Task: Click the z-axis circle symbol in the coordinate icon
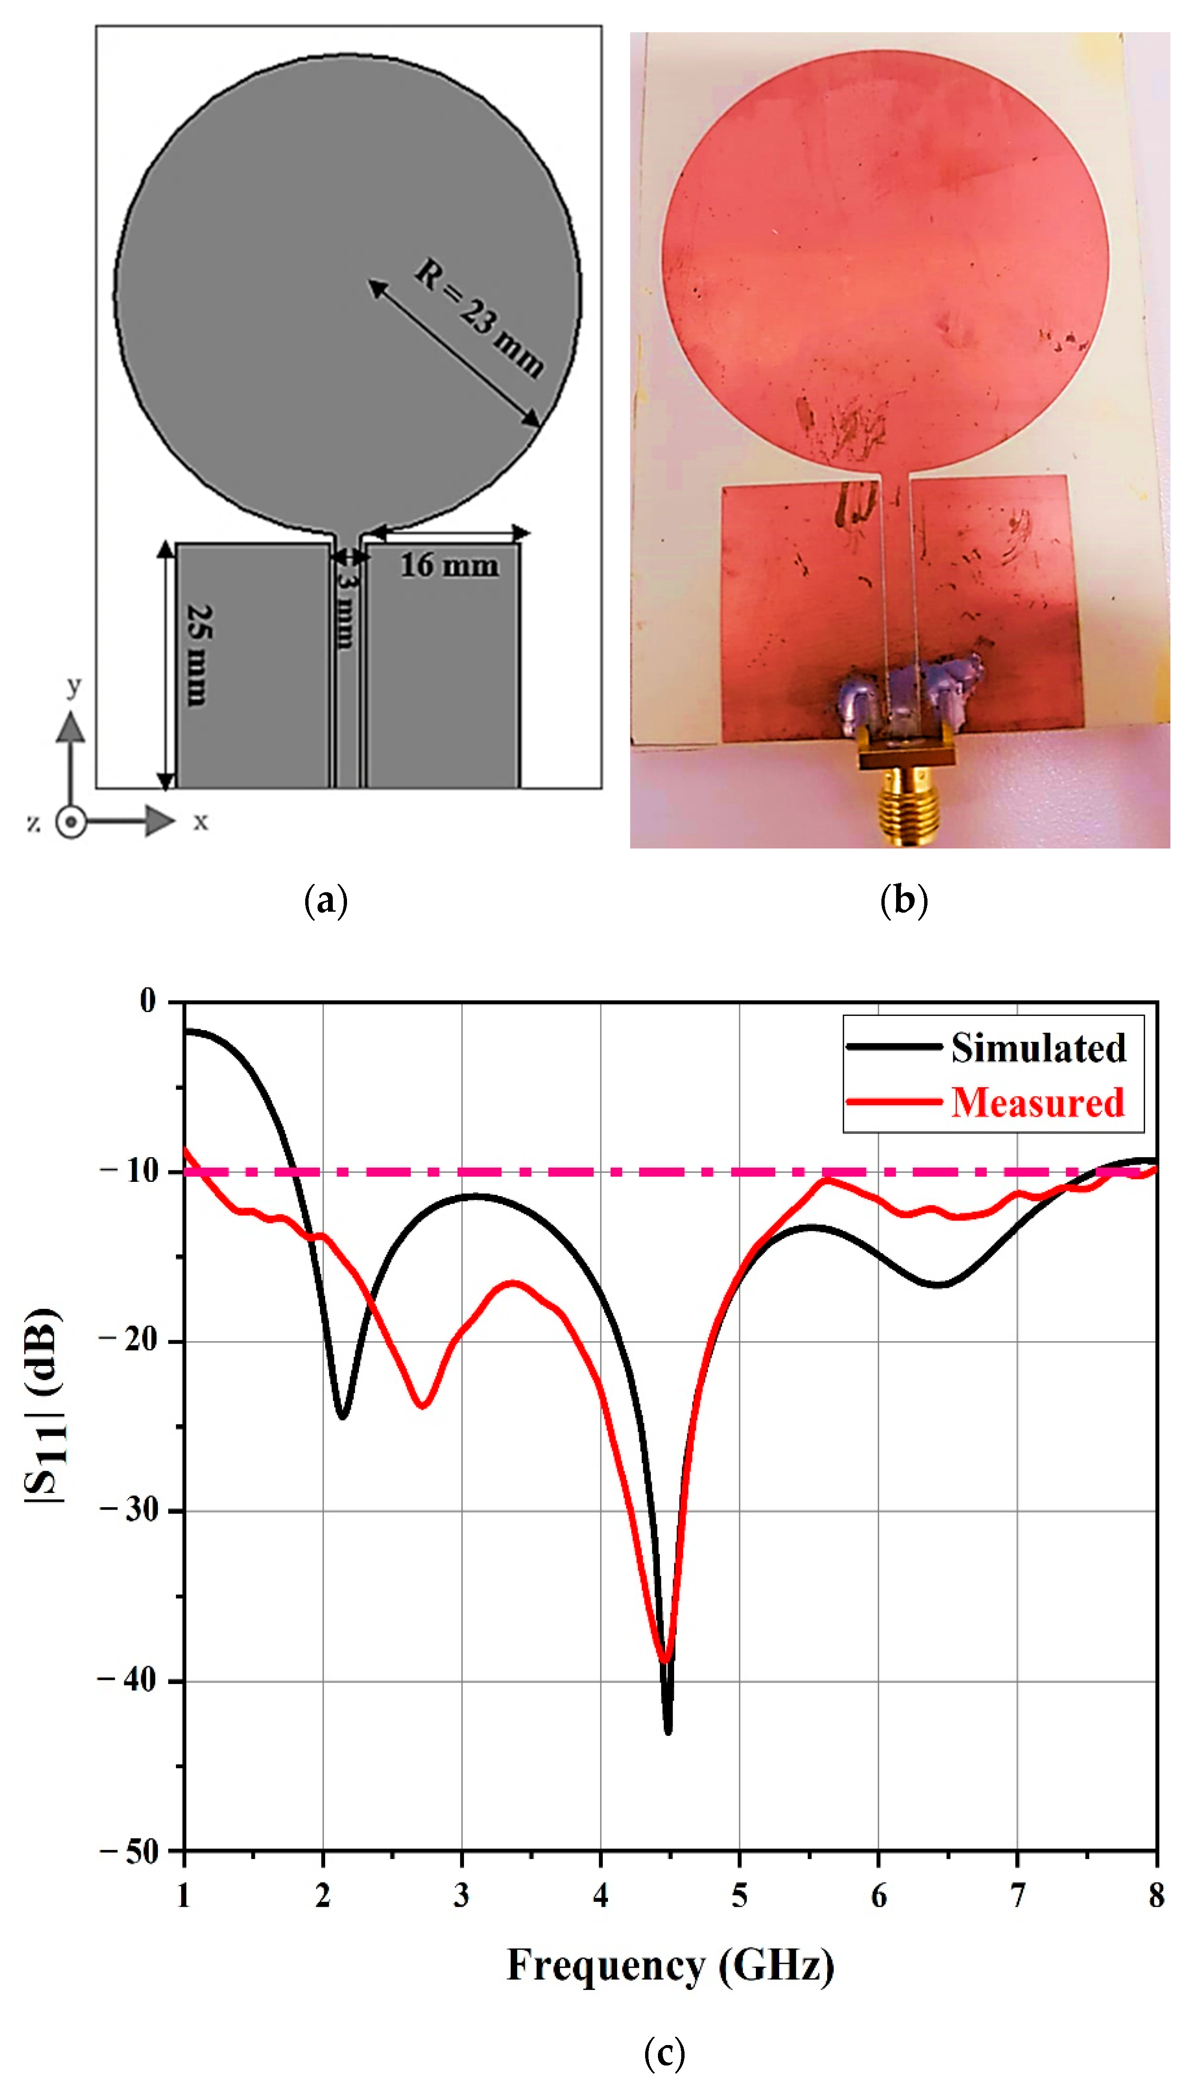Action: pyautogui.click(x=72, y=821)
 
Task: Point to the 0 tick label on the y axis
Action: pyautogui.click(x=148, y=1001)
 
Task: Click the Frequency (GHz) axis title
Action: pyautogui.click(x=671, y=1966)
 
